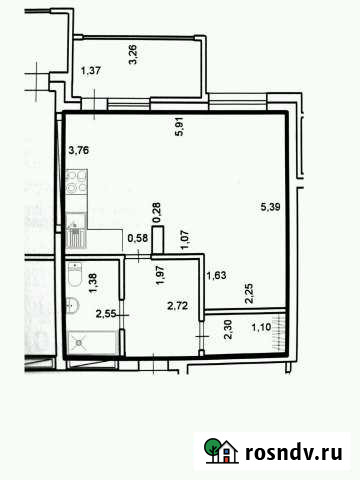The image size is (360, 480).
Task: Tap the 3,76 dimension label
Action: coord(77,151)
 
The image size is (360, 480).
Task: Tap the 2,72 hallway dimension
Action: coord(178,307)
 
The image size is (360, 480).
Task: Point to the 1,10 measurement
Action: coord(261,326)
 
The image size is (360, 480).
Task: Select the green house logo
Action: coord(220,452)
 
